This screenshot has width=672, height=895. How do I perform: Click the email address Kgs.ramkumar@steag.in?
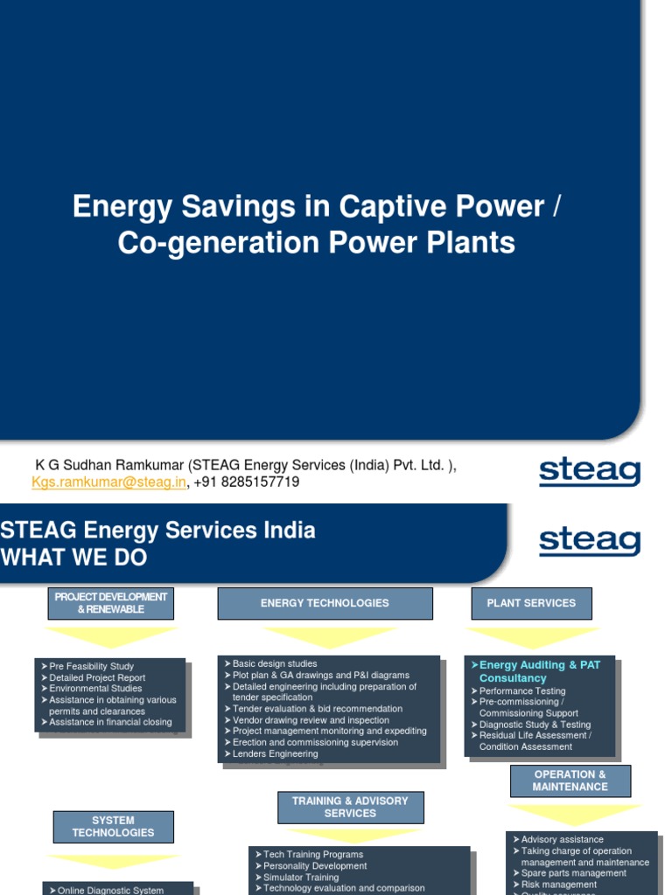coord(108,482)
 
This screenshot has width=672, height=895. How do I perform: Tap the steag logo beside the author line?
coord(589,473)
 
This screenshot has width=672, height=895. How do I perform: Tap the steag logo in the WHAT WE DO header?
coord(589,542)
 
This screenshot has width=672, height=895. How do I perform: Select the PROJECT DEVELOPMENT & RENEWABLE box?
coord(110,603)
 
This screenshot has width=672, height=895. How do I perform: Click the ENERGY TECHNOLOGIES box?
coord(325,603)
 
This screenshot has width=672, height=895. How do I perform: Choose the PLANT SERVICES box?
coord(531,603)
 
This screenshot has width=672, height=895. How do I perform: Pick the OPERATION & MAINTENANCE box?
coord(570,781)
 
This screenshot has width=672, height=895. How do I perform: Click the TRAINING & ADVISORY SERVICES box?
coord(350,807)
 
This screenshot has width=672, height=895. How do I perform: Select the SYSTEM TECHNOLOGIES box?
coord(113,827)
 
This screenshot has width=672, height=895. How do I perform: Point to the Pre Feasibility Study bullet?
coord(91,666)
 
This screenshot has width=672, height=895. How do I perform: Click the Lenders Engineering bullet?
coord(275,753)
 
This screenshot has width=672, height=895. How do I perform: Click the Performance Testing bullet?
coord(522,690)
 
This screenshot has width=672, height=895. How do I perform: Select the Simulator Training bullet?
coord(300,877)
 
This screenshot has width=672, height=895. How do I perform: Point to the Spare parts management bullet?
coord(573,873)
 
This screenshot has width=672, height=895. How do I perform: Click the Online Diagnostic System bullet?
coord(110,890)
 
